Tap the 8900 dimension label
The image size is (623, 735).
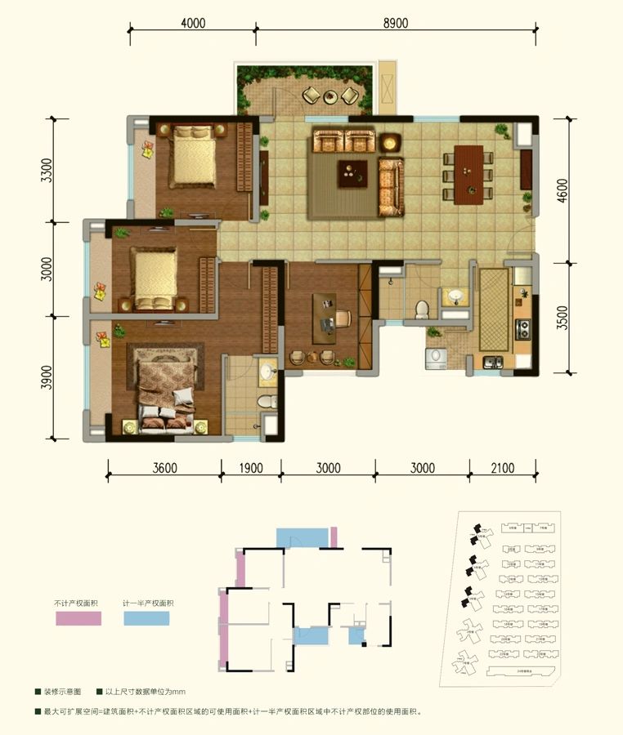[395, 23]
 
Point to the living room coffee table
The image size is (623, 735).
[354, 172]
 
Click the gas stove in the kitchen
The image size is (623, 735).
[522, 329]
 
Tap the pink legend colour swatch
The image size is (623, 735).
[78, 619]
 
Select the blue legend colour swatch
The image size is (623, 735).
[147, 619]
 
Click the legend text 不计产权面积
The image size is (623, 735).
[77, 603]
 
